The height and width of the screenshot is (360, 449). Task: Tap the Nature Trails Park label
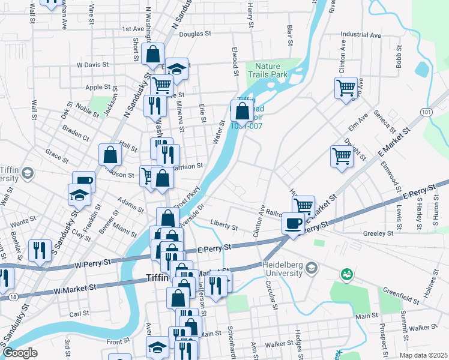click(x=272, y=70)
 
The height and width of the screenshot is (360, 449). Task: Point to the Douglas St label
click(x=193, y=34)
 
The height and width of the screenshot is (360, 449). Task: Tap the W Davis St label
click(x=92, y=64)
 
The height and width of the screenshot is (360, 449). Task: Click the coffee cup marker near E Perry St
click(x=293, y=224)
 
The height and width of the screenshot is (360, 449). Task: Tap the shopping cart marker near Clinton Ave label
click(x=346, y=89)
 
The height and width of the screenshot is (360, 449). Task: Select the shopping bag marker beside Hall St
click(x=110, y=155)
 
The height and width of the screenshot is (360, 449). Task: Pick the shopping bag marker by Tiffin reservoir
click(x=242, y=111)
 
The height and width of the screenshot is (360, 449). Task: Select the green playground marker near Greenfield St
click(x=346, y=275)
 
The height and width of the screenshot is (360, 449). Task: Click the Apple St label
click(x=98, y=87)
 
